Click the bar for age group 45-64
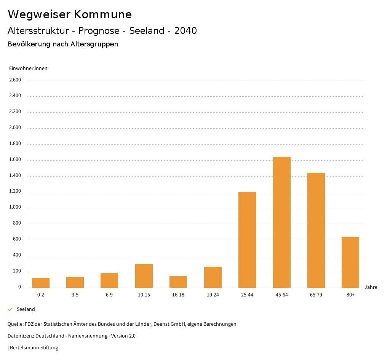(x=281, y=222)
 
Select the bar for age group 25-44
(x=247, y=240)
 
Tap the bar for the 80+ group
(x=350, y=262)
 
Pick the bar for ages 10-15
(x=144, y=276)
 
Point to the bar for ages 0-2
(x=41, y=283)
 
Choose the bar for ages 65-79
(x=316, y=230)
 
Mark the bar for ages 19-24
(x=213, y=277)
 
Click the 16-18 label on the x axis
(x=178, y=295)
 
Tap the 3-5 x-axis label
(x=75, y=295)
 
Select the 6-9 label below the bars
(x=109, y=295)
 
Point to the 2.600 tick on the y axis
(x=15, y=80)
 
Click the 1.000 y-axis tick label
(x=15, y=207)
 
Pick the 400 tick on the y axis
(x=17, y=255)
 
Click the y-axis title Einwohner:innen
(x=28, y=68)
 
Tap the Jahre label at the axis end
(x=371, y=287)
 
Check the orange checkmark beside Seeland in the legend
(x=10, y=309)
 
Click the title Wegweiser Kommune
(x=70, y=14)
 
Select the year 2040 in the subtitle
(x=185, y=31)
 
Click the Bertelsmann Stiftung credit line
(x=34, y=347)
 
